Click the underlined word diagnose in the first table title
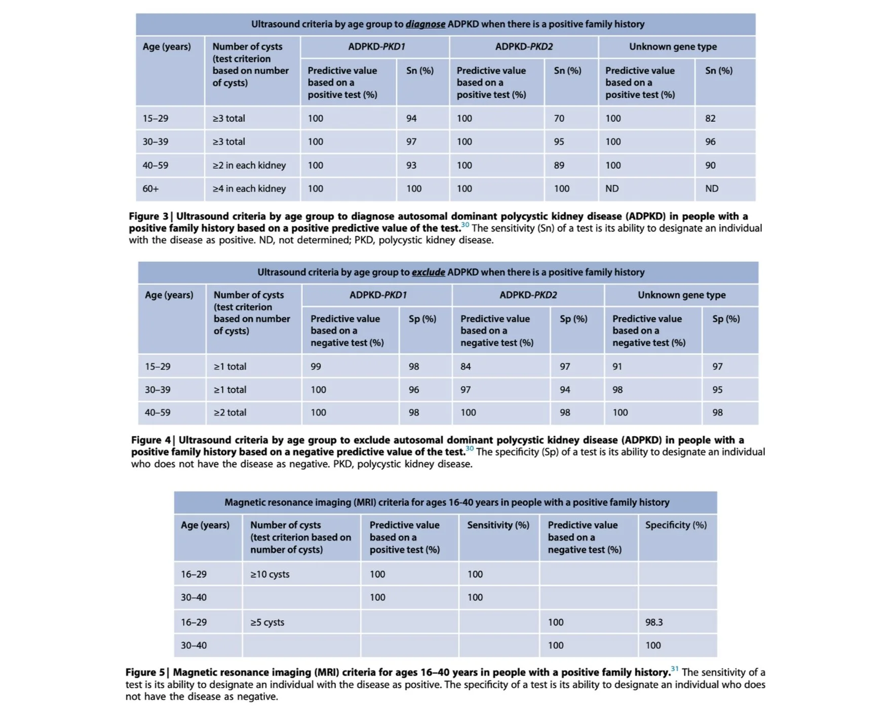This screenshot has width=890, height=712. pos(425,24)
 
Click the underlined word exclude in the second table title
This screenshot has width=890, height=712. pos(428,272)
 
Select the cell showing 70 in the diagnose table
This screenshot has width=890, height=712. pos(559,118)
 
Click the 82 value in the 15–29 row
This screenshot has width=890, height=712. pos(710,118)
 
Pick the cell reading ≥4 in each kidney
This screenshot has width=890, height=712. pos(249,189)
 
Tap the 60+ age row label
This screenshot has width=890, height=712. pos(150,189)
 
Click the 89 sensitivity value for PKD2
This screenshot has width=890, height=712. pos(559,165)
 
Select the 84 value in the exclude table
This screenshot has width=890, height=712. pos(466,366)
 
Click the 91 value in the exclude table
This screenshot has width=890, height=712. pos(617,366)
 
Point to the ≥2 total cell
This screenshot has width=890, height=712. pos(230,413)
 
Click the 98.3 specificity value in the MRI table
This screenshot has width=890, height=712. pos(653,622)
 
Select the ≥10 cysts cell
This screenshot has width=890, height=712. pos(269,574)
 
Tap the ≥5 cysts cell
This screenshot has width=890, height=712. pos(267,622)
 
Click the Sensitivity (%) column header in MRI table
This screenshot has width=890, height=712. pos(498,525)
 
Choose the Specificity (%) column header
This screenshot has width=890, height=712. pos(676,525)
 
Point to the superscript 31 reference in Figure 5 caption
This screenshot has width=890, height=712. pos(674,669)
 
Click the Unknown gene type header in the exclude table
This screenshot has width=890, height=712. pos(681,295)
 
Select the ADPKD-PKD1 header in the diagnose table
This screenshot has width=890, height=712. pos(376,47)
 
